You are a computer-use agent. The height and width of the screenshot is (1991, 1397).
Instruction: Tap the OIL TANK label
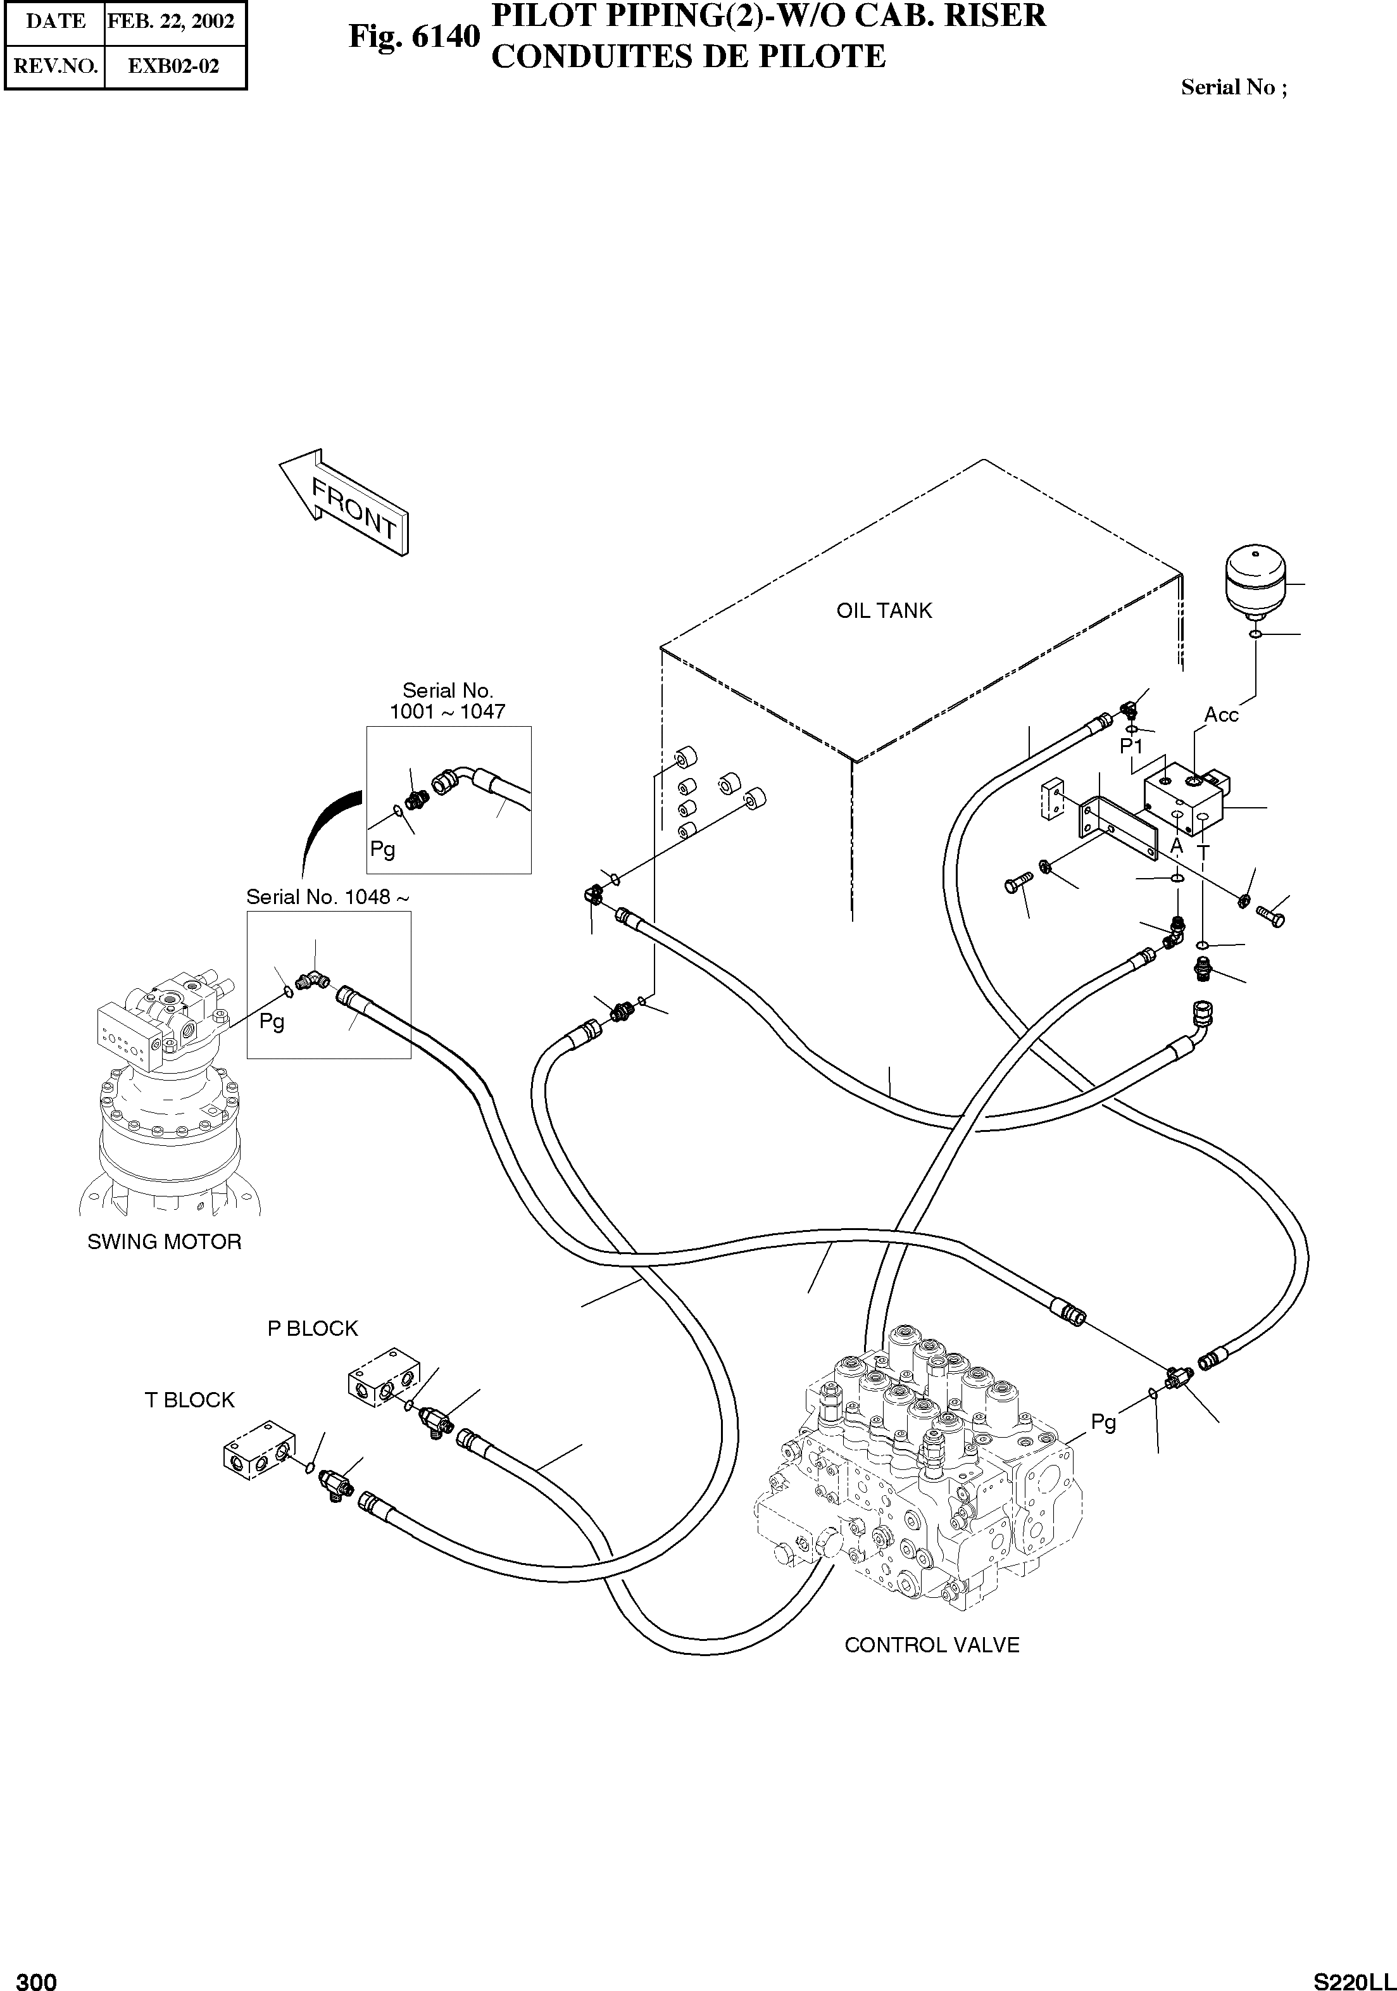pyautogui.click(x=884, y=610)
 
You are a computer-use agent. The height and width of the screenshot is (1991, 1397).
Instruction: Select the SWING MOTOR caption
pyautogui.click(x=164, y=1242)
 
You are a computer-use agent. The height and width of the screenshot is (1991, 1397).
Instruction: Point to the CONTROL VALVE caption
pyautogui.click(x=931, y=1645)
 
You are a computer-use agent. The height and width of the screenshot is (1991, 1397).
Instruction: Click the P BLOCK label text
pyautogui.click(x=312, y=1328)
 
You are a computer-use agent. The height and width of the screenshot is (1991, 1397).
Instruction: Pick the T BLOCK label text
pyautogui.click(x=189, y=1400)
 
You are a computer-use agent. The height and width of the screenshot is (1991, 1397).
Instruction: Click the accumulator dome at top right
pyautogui.click(x=1254, y=577)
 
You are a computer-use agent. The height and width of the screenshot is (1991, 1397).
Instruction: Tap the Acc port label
pyautogui.click(x=1221, y=715)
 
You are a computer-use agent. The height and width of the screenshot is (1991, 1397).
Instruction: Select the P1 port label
pyautogui.click(x=1131, y=746)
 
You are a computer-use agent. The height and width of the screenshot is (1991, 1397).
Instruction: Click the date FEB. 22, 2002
pyautogui.click(x=171, y=21)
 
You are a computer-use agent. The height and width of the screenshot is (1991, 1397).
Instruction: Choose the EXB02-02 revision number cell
pyautogui.click(x=173, y=66)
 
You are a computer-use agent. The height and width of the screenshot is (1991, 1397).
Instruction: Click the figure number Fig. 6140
pyautogui.click(x=413, y=37)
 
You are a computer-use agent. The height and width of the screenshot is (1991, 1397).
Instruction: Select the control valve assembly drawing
pyautogui.click(x=919, y=1474)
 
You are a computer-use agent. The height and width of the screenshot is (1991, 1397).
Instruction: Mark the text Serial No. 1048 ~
pyautogui.click(x=327, y=896)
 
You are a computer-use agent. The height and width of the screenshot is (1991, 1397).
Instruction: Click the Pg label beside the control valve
pyautogui.click(x=1103, y=1421)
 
